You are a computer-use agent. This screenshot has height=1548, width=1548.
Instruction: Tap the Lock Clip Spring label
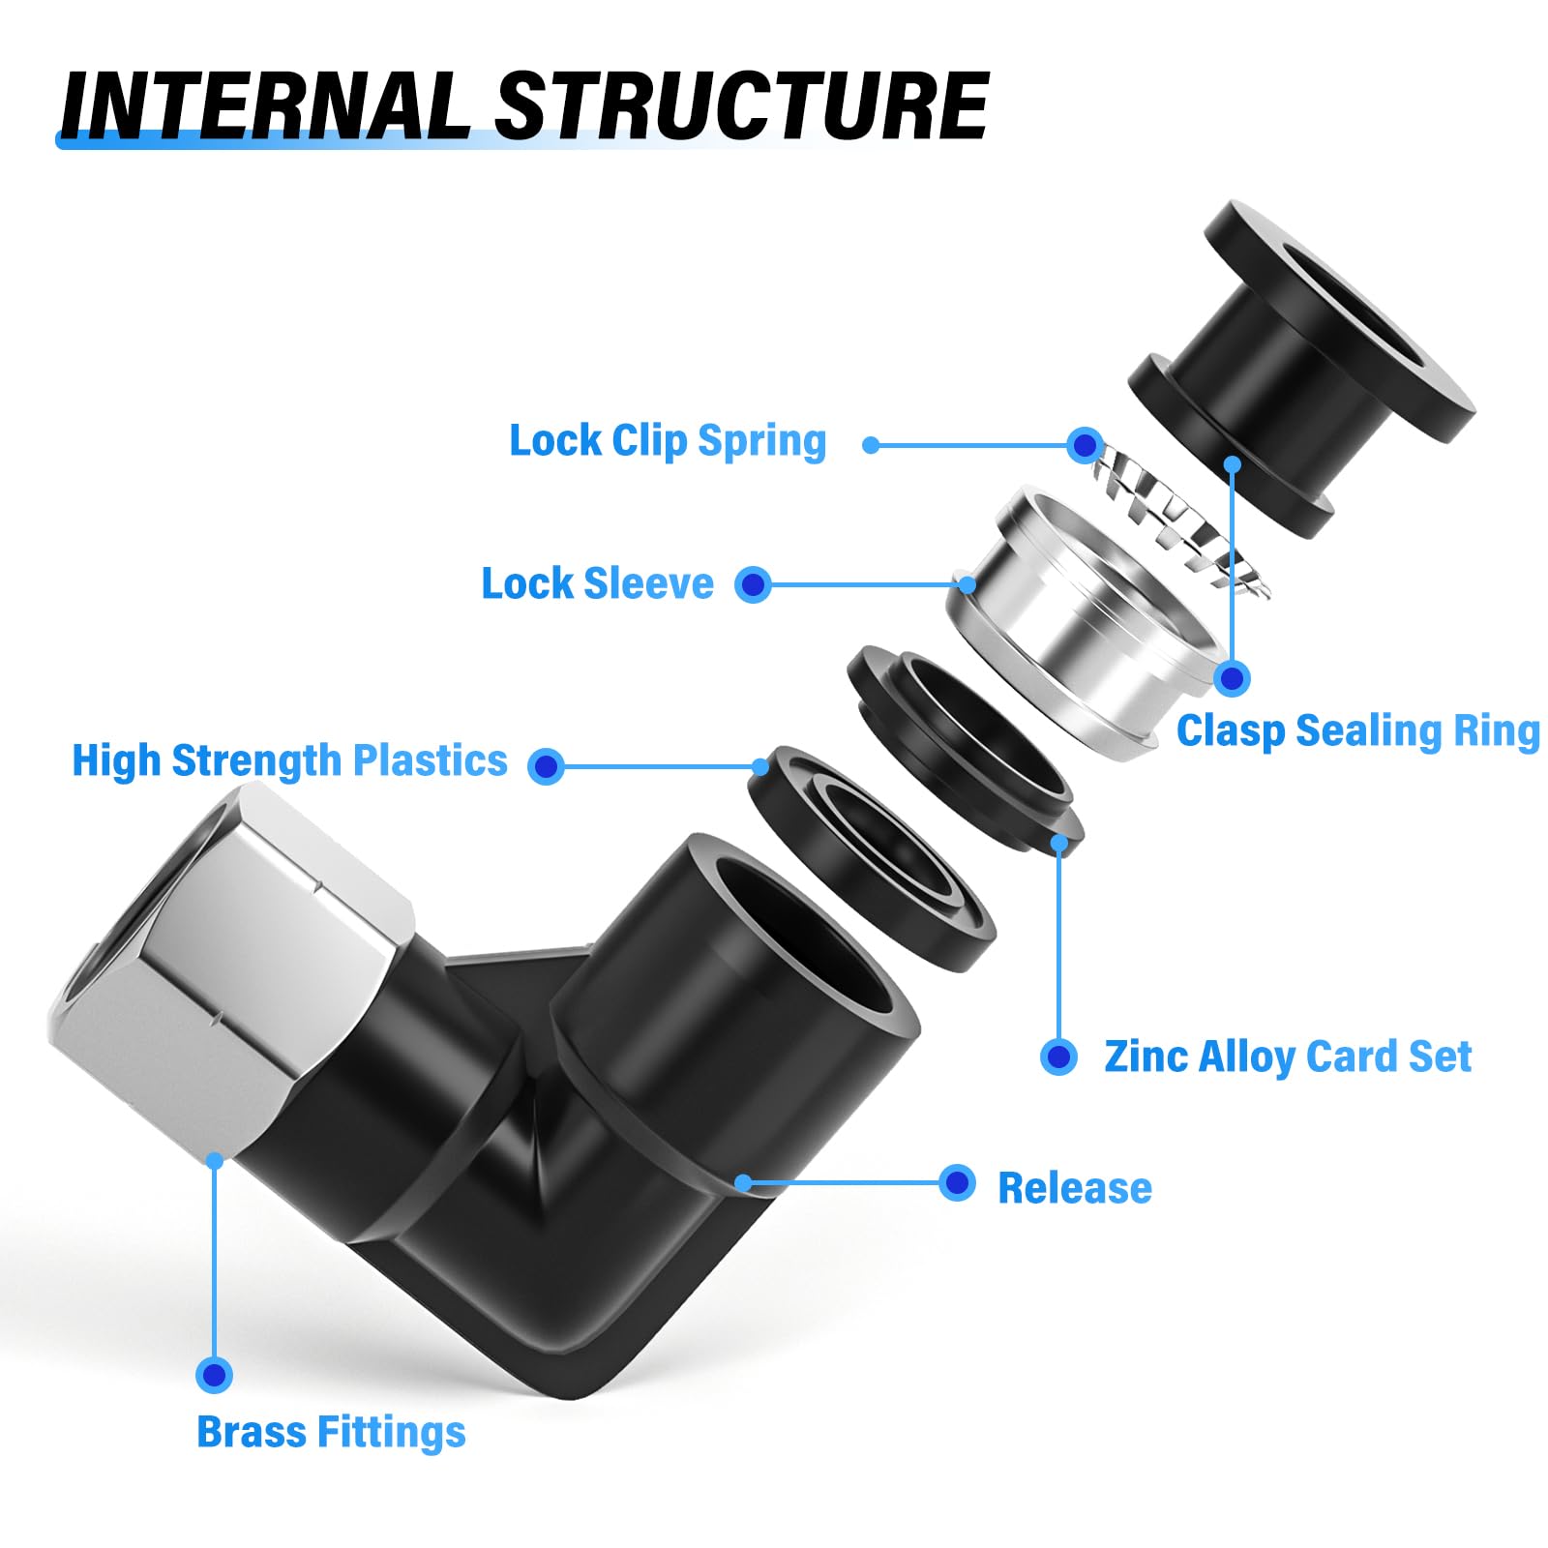(668, 441)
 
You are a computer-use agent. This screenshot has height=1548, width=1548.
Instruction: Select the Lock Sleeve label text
(597, 584)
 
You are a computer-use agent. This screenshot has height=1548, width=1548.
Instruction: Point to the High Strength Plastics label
(289, 761)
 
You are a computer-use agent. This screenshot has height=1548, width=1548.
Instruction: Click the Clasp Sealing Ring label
(1357, 731)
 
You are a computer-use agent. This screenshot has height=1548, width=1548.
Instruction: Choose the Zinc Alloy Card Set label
(1287, 1057)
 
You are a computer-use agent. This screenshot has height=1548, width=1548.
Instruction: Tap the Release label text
(1074, 1189)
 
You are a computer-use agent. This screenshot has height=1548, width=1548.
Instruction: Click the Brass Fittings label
(331, 1433)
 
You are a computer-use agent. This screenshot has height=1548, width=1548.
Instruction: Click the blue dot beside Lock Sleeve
(753, 584)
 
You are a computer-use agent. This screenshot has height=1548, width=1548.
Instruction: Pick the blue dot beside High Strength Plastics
(547, 766)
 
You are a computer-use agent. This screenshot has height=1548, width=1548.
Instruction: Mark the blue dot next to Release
(957, 1182)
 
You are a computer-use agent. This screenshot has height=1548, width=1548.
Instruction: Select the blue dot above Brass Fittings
(214, 1375)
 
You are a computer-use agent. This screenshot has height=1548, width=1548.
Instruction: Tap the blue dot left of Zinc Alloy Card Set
(1058, 1057)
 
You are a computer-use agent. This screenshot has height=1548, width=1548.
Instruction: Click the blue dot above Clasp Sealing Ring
(1232, 678)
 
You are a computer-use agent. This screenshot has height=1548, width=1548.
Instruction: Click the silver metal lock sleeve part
(1074, 619)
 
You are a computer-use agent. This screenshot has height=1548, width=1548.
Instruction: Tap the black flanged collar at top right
(1296, 358)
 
